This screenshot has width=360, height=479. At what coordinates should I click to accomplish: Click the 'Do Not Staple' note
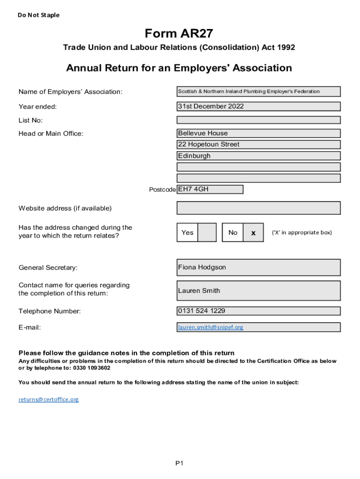tap(39, 15)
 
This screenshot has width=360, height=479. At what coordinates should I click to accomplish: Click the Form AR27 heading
tap(179, 34)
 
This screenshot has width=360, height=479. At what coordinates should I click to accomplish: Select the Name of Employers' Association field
tap(259, 92)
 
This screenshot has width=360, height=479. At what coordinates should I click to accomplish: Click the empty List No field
tap(259, 120)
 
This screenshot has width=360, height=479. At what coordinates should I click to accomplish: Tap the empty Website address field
tap(259, 208)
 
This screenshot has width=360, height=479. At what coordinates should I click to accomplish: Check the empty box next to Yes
tap(207, 232)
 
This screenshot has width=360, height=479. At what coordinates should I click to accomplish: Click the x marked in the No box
tap(253, 232)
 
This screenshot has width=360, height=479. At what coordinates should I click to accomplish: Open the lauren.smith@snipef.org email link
tap(210, 327)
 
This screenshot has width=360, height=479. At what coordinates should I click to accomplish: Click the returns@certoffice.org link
tap(49, 399)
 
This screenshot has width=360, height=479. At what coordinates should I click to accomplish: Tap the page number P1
tap(180, 463)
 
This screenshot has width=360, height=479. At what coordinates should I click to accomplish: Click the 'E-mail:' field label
tap(30, 327)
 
